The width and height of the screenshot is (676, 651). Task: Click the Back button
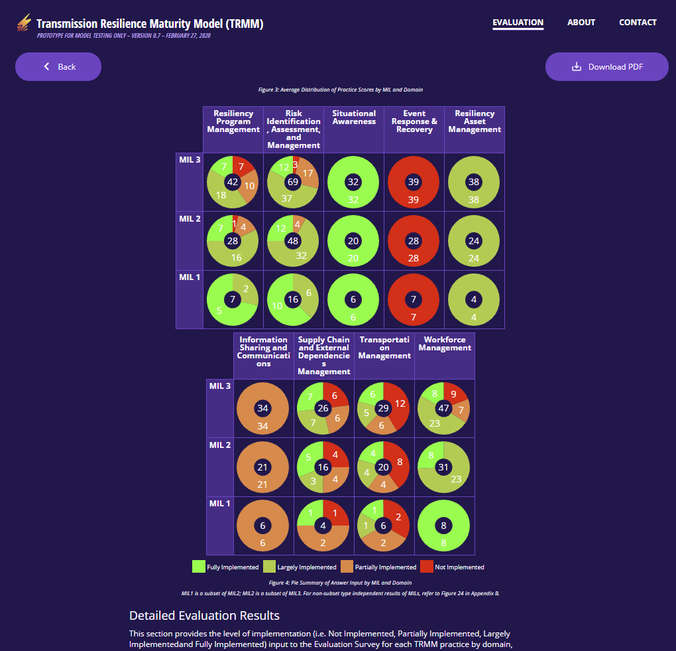58,66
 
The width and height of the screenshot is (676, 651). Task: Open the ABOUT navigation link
581,23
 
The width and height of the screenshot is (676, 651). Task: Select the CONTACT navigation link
638,23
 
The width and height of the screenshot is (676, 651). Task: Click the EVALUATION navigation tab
518,23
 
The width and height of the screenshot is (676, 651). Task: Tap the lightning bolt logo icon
24,24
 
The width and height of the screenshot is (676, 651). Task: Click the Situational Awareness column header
354,117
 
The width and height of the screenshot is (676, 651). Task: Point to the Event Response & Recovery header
414,121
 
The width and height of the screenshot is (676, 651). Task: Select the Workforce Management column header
445,344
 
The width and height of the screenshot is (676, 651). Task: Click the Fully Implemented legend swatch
199,567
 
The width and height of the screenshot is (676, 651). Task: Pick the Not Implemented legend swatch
425,567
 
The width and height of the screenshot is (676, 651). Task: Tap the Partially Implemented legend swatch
347,567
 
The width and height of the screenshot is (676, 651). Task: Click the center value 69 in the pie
293,182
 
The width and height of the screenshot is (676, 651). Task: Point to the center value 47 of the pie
444,408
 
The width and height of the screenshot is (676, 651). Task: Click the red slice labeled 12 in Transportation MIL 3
400,403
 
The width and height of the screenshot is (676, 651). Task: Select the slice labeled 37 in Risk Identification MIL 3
286,198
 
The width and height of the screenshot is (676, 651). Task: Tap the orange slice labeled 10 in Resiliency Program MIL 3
250,185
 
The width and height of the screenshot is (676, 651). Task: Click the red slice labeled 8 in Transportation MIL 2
398,463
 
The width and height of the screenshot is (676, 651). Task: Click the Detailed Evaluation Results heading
204,616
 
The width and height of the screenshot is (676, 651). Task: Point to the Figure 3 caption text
340,90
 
